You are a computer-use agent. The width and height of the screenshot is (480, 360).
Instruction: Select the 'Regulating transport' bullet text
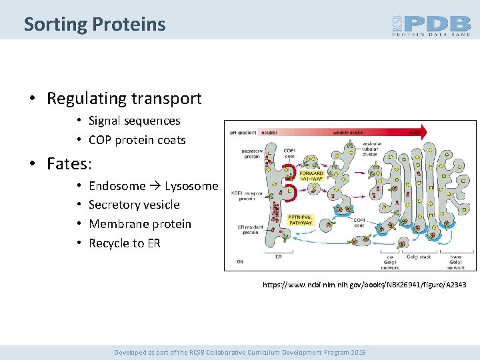(124, 99)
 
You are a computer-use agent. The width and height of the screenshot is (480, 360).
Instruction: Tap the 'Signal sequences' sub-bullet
(134, 121)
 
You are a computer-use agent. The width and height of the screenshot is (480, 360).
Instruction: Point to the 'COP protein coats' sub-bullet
(137, 140)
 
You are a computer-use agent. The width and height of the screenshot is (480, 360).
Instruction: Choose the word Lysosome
(191, 185)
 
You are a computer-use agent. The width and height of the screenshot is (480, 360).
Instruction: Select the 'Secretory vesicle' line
(134, 205)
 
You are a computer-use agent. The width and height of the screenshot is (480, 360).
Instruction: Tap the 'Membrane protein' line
(139, 224)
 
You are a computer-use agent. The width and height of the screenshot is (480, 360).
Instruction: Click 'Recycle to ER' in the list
(124, 243)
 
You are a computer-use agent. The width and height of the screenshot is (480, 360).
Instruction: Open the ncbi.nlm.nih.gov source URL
(364, 285)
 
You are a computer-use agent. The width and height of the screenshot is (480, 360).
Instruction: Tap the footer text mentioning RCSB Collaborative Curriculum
(239, 352)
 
